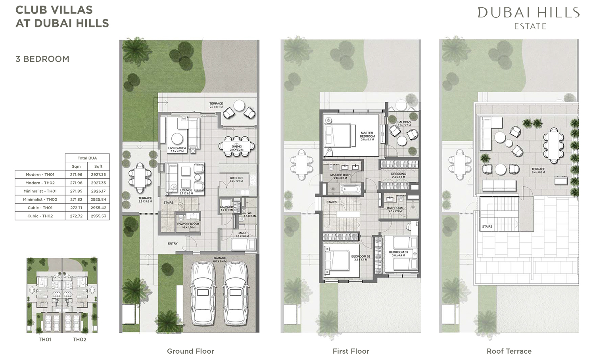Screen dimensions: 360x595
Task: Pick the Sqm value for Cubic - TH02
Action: pyautogui.click(x=76, y=216)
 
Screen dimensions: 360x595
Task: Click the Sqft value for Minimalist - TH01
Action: pyautogui.click(x=98, y=191)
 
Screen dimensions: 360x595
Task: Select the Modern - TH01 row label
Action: pyautogui.click(x=40, y=174)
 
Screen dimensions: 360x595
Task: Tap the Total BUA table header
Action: pyautogui.click(x=87, y=158)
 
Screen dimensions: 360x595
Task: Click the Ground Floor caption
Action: pyautogui.click(x=190, y=351)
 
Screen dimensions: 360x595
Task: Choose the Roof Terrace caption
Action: pyautogui.click(x=509, y=351)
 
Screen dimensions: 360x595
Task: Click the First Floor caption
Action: pyautogui.click(x=351, y=351)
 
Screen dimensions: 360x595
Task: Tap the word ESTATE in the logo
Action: pyautogui.click(x=530, y=27)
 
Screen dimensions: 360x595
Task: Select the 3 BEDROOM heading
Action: pyautogui.click(x=42, y=59)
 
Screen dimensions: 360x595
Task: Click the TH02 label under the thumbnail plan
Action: pyautogui.click(x=79, y=339)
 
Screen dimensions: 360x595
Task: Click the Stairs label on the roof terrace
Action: pyautogui.click(x=487, y=227)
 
